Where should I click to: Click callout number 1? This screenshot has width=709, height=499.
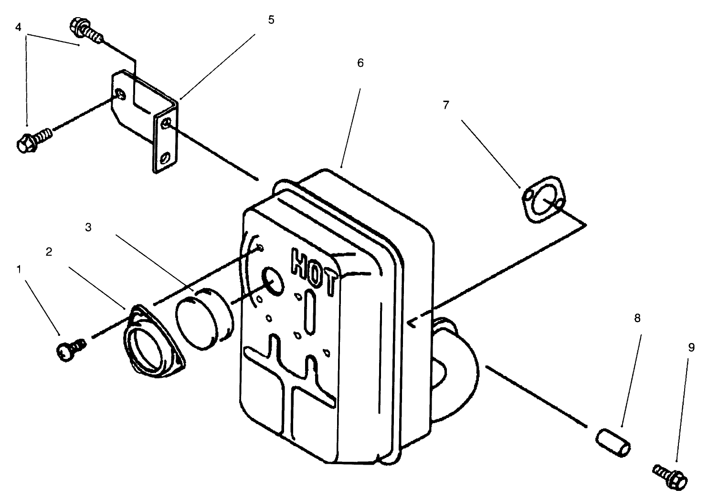tap(19, 270)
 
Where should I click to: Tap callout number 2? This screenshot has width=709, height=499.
tap(49, 252)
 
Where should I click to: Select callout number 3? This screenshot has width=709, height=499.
tap(88, 227)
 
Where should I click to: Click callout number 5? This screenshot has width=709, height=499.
tap(271, 20)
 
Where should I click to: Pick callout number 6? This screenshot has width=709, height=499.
tap(360, 62)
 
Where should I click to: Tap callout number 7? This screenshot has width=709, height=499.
tap(446, 105)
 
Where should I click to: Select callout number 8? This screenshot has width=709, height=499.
tap(637, 318)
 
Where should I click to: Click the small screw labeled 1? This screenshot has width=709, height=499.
tap(70, 352)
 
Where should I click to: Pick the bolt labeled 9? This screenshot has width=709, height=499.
tap(669, 476)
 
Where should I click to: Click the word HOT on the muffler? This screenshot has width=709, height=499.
tap(315, 271)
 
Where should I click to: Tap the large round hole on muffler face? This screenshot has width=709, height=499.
tap(273, 281)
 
